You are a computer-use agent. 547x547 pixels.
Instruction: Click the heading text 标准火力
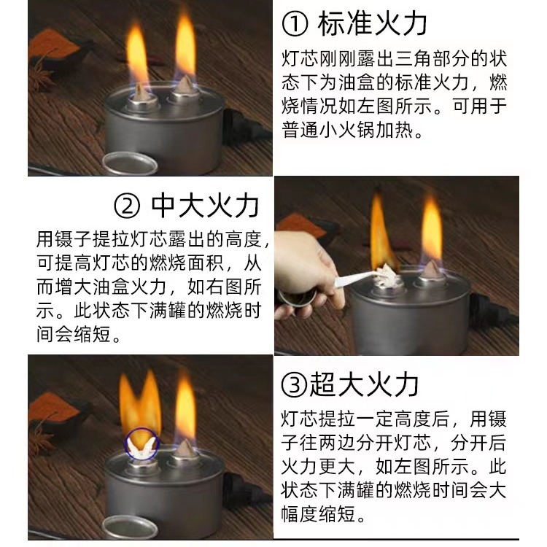[372, 25]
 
